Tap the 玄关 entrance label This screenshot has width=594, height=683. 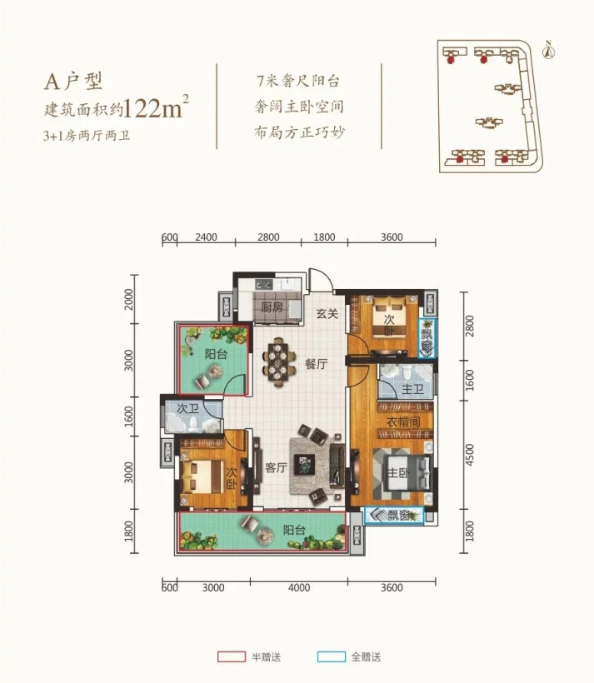tap(326, 314)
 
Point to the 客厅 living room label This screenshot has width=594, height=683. tap(276, 468)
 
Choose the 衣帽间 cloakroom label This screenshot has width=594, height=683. tap(402, 424)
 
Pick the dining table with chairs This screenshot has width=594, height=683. tap(279, 361)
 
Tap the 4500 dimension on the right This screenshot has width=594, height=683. tap(470, 455)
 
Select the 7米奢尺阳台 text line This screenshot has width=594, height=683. tap(301, 82)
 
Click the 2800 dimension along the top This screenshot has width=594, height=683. tap(267, 237)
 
